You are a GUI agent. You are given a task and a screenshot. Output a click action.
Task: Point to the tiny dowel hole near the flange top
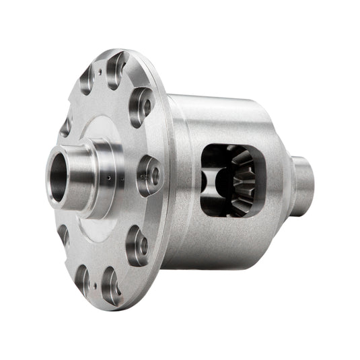99,69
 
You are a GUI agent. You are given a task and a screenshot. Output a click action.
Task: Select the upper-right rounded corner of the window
254,149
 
